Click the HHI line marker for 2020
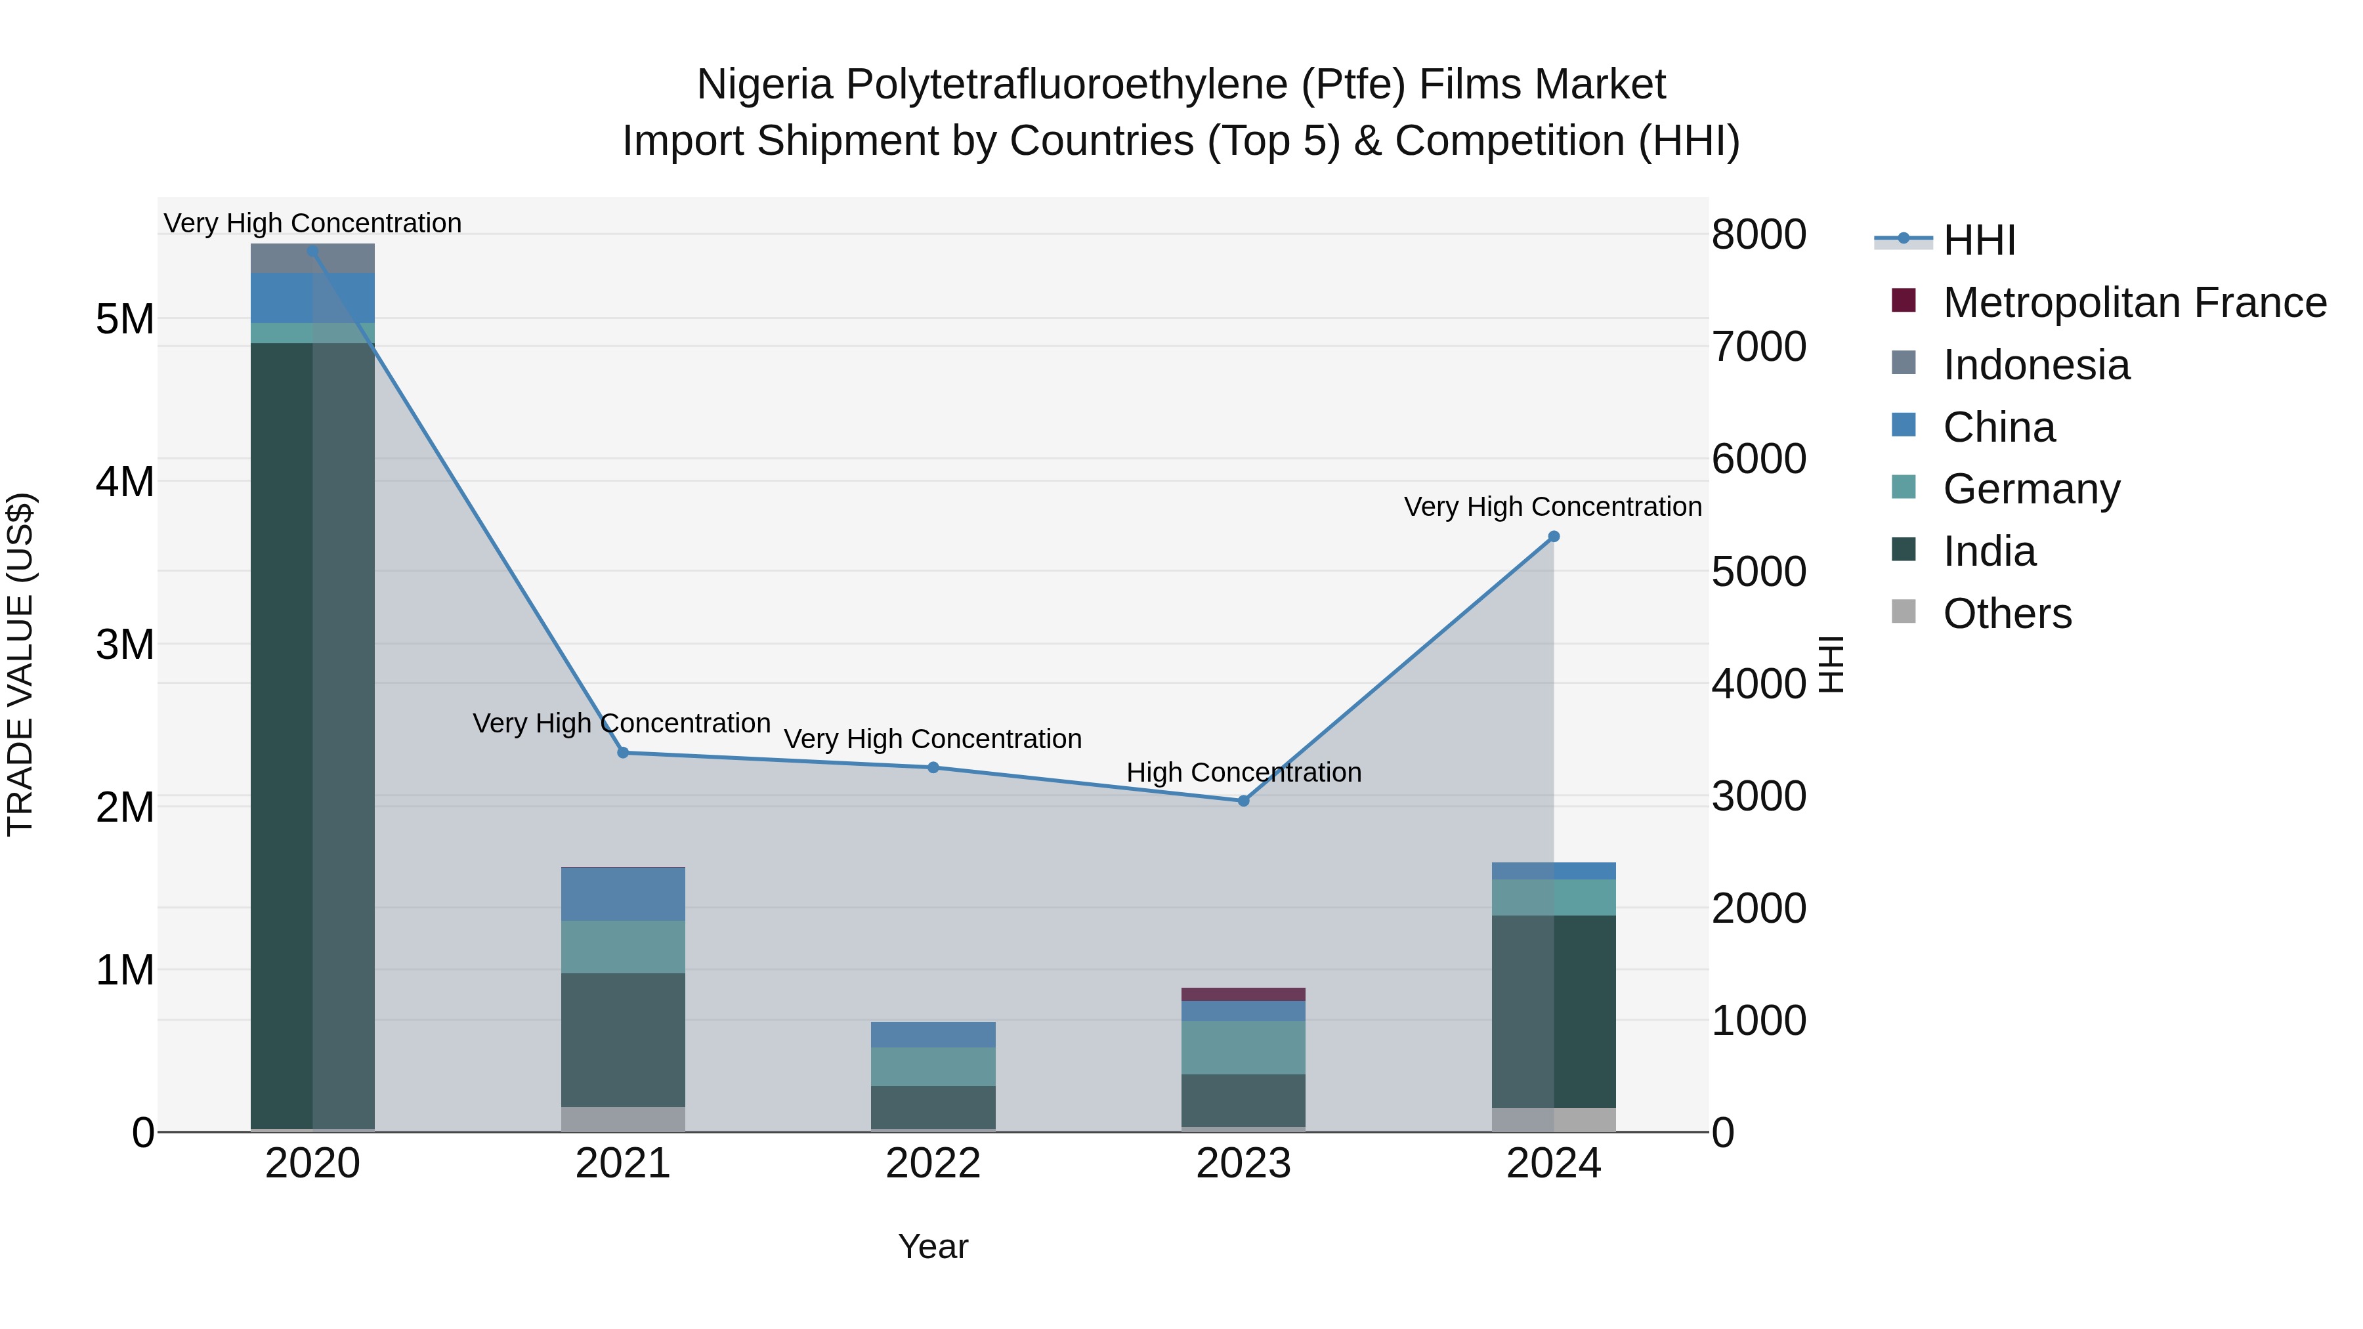313,251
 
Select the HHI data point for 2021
623,753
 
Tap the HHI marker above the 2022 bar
933,768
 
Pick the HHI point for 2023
1244,801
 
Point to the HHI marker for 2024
1554,538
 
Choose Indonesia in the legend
2035,365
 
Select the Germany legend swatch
1904,487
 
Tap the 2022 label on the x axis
933,1164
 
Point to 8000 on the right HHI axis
1758,235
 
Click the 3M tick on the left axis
125,644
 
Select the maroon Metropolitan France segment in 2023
1244,994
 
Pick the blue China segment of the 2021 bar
623,895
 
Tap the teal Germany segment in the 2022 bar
933,1066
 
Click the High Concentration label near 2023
1244,773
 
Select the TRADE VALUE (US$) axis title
21,664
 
